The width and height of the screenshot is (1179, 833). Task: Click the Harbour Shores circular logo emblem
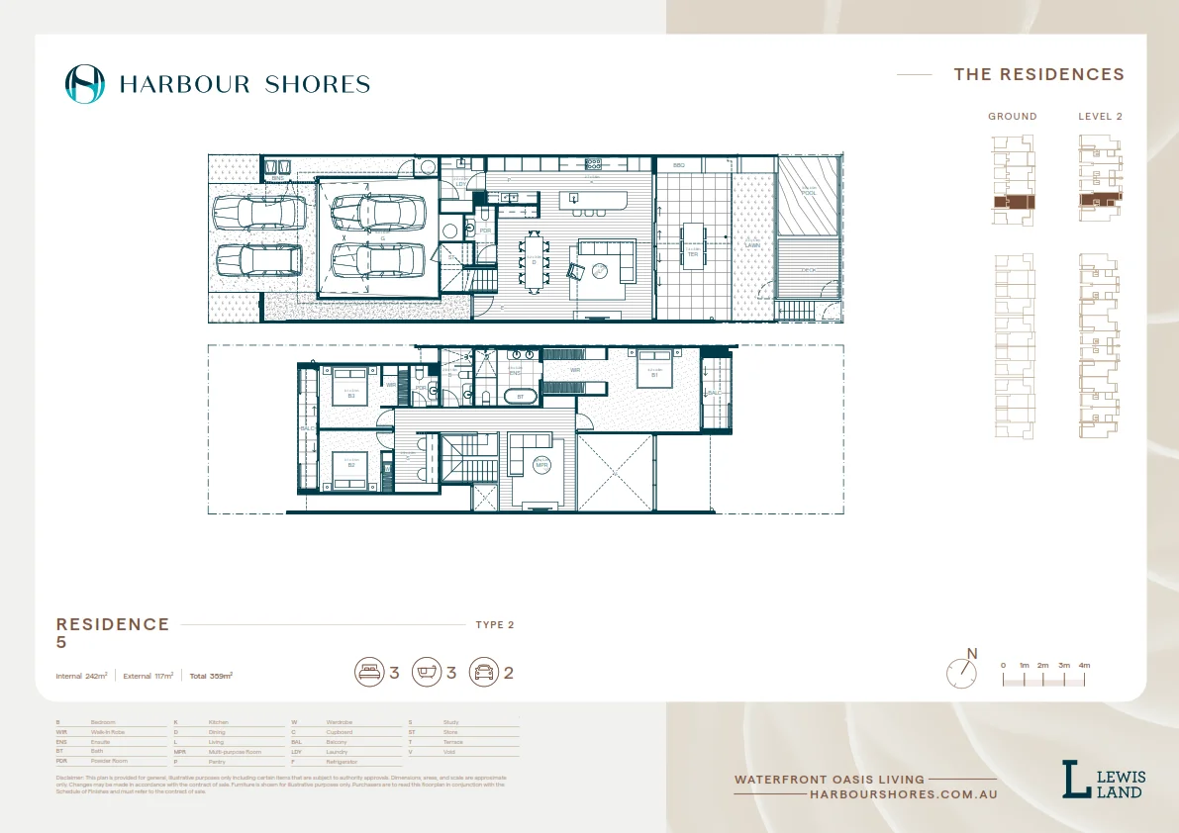(x=84, y=84)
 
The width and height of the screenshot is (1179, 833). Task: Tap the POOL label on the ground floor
(x=810, y=193)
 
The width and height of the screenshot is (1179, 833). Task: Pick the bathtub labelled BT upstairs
(x=519, y=397)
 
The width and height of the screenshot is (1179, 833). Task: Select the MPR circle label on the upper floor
(x=541, y=464)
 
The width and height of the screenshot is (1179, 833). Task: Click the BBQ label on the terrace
(x=679, y=165)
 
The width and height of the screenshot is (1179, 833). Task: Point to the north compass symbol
(x=961, y=673)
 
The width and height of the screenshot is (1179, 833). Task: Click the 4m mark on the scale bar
(x=1084, y=666)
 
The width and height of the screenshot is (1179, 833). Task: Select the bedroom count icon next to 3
(x=369, y=673)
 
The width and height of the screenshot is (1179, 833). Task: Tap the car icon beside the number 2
(x=483, y=673)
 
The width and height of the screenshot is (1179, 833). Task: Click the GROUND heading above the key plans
(x=1012, y=117)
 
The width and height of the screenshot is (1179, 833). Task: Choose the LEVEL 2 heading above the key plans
(x=1100, y=117)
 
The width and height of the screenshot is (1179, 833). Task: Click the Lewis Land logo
(x=1103, y=780)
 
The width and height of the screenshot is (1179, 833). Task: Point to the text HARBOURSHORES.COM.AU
(x=903, y=794)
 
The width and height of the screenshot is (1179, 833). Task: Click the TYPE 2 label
(x=495, y=625)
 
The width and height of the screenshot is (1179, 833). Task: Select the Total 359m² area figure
(x=211, y=676)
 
